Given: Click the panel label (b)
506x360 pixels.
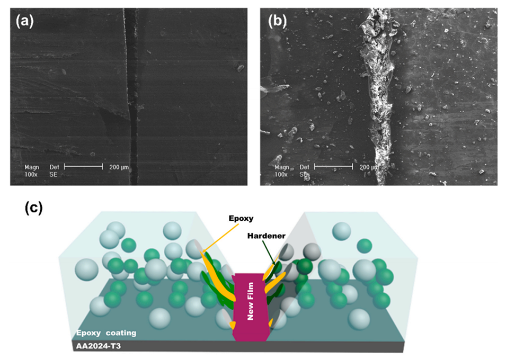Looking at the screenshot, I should tap(277, 21).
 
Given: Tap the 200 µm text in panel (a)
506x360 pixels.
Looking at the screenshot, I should tap(117, 168).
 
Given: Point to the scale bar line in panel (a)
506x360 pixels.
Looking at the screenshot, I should tap(83, 166).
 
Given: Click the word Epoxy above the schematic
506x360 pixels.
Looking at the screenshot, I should tap(241, 217).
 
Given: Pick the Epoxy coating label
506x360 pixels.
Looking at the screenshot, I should tap(104, 333).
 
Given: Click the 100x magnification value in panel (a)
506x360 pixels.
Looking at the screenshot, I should tap(31, 174).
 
